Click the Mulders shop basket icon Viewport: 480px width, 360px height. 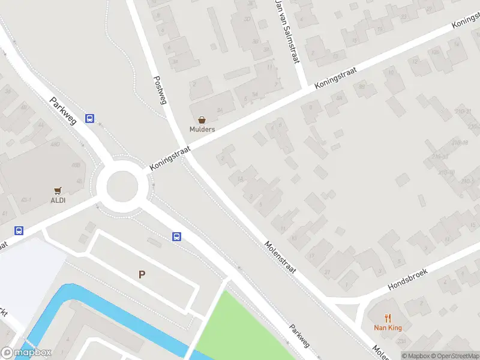click(x=202, y=120)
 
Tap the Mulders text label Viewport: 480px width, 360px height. click(x=202, y=129)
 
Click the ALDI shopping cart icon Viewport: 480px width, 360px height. click(x=58, y=191)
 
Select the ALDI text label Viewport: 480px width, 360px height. click(x=58, y=200)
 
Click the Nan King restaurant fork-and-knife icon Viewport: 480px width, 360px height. click(x=388, y=319)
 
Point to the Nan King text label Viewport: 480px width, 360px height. click(x=388, y=328)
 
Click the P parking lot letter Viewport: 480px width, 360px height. click(x=142, y=275)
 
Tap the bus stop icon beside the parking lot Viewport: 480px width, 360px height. click(x=177, y=236)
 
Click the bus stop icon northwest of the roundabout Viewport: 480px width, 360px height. click(x=89, y=118)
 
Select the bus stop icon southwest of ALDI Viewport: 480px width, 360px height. click(x=19, y=230)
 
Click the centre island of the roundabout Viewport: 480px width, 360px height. click(x=122, y=186)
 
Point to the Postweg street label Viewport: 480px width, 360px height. click(x=160, y=90)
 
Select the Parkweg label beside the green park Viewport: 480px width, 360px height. click(x=299, y=336)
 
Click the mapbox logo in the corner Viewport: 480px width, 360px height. click(x=26, y=353)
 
